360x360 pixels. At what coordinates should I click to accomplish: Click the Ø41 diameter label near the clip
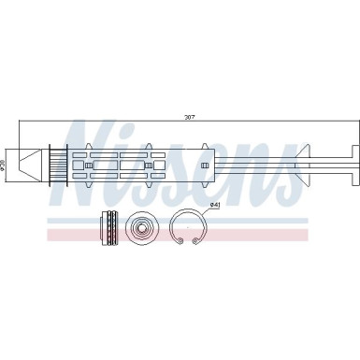click(213, 205)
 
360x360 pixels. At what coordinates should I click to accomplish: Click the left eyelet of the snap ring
click(179, 244)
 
